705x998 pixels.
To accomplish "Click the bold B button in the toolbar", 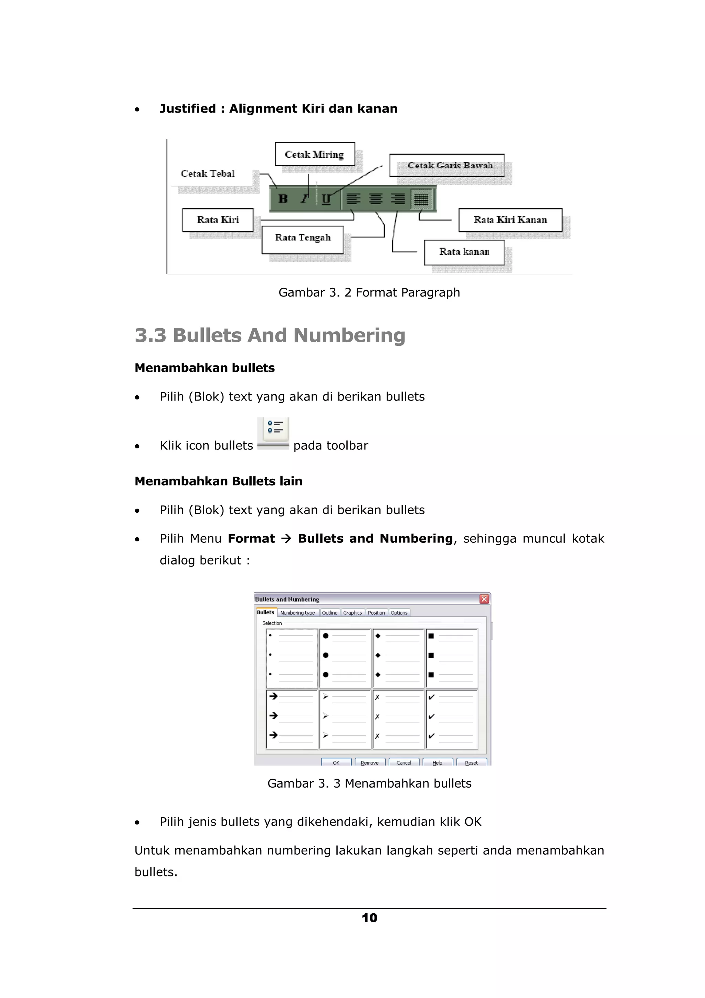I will pos(283,199).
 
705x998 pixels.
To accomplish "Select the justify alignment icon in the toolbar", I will pos(421,199).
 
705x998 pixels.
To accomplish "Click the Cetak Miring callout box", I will pos(315,154).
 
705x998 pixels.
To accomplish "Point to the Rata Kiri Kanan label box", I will pos(510,220).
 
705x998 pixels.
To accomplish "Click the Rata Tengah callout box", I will pos(303,238).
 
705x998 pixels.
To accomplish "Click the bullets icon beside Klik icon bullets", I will pos(274,432).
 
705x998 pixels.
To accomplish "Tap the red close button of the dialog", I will pos(484,599).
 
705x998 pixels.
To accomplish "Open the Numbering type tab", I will pos(297,612).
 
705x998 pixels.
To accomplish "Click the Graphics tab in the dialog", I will pos(352,612).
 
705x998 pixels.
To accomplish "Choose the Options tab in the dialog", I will pos(399,612).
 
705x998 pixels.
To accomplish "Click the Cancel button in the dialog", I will pos(403,762).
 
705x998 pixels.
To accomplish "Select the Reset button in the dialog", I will pos(471,762).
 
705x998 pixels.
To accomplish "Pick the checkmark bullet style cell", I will pos(452,719).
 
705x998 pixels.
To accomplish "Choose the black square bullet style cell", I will pos(452,658).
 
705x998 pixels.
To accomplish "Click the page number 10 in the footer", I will pos(369,917).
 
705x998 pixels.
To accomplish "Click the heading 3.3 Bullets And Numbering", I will pos(270,335).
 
